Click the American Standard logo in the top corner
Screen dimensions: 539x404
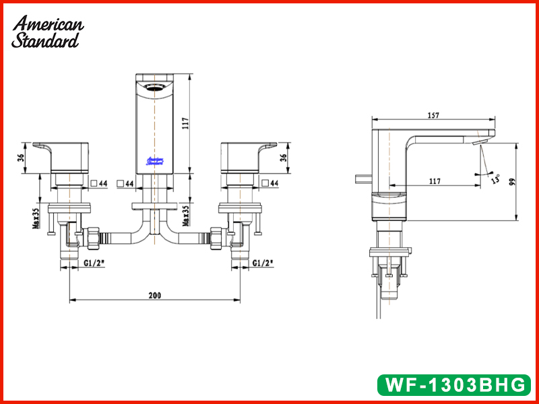[47, 32]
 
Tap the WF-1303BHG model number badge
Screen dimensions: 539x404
[453, 384]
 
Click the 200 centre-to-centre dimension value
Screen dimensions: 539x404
[155, 295]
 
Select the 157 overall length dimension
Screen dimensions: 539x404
[433, 115]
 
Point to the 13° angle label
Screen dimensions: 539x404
[496, 179]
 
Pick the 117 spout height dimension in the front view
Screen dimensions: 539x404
[185, 123]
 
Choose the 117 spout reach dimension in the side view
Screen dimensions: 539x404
[435, 181]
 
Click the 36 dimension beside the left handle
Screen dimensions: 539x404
[22, 158]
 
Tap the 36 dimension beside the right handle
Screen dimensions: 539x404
[283, 158]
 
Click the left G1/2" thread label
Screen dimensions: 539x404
[94, 263]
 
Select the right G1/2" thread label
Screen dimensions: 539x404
[263, 263]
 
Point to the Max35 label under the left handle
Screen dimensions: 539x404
[36, 216]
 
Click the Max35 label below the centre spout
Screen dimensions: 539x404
[185, 215]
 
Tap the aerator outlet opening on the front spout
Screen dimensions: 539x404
[155, 88]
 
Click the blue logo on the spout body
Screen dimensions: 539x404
[155, 161]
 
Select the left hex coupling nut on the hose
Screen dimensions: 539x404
[94, 238]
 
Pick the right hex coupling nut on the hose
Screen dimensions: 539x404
[216, 238]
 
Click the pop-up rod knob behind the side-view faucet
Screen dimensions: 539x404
[364, 178]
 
